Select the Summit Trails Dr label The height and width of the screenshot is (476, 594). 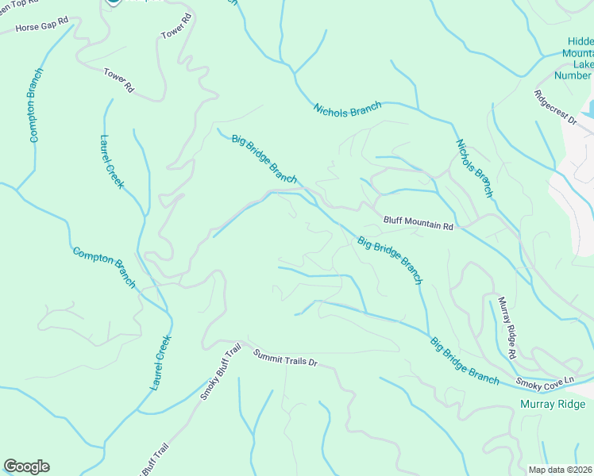click(x=285, y=358)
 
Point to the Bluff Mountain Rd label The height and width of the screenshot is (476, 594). click(x=418, y=225)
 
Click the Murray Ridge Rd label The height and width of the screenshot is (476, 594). click(x=507, y=328)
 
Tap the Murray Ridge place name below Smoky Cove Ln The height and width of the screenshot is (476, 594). click(x=553, y=405)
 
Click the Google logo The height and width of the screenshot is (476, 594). click(x=26, y=466)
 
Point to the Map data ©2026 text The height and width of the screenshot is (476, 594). click(x=560, y=470)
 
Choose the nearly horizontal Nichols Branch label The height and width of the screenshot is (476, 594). click(x=347, y=109)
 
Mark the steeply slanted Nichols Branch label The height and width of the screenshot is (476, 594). click(x=474, y=168)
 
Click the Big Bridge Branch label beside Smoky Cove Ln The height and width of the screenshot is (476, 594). click(x=465, y=362)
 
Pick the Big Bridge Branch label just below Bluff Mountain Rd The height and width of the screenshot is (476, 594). click(x=389, y=260)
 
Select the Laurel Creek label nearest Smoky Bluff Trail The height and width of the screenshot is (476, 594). click(x=161, y=362)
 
